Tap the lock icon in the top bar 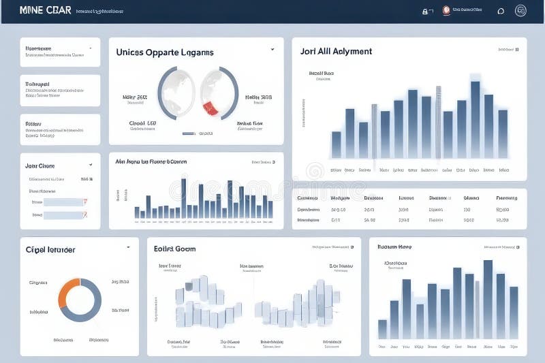pyautogui.click(x=425, y=11)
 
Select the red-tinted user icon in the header pyautogui.click(x=446, y=10)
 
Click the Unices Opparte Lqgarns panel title pyautogui.click(x=164, y=52)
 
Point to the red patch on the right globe pyautogui.click(x=211, y=106)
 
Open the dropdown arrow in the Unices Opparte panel pyautogui.click(x=272, y=49)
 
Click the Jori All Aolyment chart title pyautogui.click(x=336, y=51)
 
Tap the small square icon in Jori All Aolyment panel pyautogui.click(x=517, y=49)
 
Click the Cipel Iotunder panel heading pyautogui.click(x=50, y=249)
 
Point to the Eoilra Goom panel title pyautogui.click(x=174, y=249)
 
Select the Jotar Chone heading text pyautogui.click(x=40, y=165)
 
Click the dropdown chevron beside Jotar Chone pyautogui.click(x=91, y=165)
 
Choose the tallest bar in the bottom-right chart pyautogui.click(x=488, y=300)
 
